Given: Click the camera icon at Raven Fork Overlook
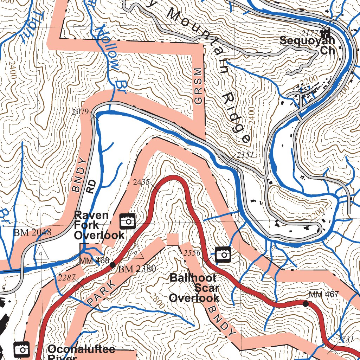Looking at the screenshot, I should tap(128, 221).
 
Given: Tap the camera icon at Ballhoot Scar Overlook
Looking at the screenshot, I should tap(223, 255).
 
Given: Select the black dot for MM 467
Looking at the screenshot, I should tap(306, 303).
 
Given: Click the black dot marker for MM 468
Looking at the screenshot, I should tap(112, 264).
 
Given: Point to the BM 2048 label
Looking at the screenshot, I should tap(32, 232).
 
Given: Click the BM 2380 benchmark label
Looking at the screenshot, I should tap(137, 270).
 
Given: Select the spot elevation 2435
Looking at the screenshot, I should tap(141, 182).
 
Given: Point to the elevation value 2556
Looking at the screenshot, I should tap(192, 253).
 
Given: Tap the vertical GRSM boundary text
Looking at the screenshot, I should tap(199, 86).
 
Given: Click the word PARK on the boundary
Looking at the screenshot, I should tap(101, 292).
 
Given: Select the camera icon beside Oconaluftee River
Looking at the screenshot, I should tap(22, 349).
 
